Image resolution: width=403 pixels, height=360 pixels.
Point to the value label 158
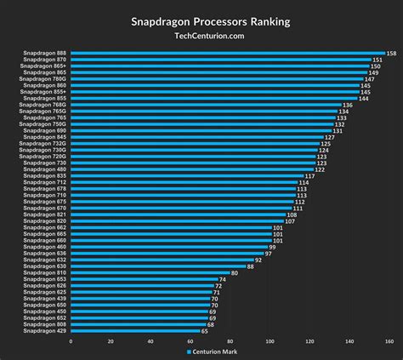(x=391, y=54)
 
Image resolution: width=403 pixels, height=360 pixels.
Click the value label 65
(x=205, y=330)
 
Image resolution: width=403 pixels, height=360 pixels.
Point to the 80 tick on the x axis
(x=230, y=341)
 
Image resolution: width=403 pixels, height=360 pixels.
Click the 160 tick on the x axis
(x=389, y=341)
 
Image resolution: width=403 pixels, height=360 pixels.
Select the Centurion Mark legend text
(x=213, y=351)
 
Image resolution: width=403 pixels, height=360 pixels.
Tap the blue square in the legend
(x=187, y=351)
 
